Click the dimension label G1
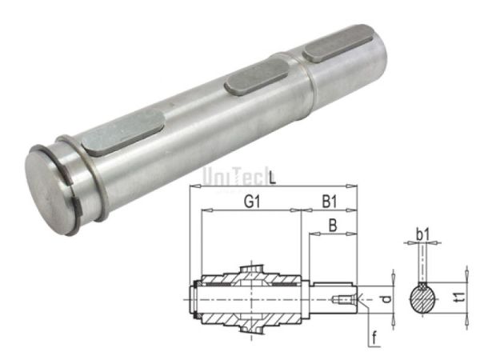click(250, 204)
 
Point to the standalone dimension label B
click(331, 226)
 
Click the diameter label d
click(386, 299)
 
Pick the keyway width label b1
click(422, 236)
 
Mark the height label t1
click(458, 297)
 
